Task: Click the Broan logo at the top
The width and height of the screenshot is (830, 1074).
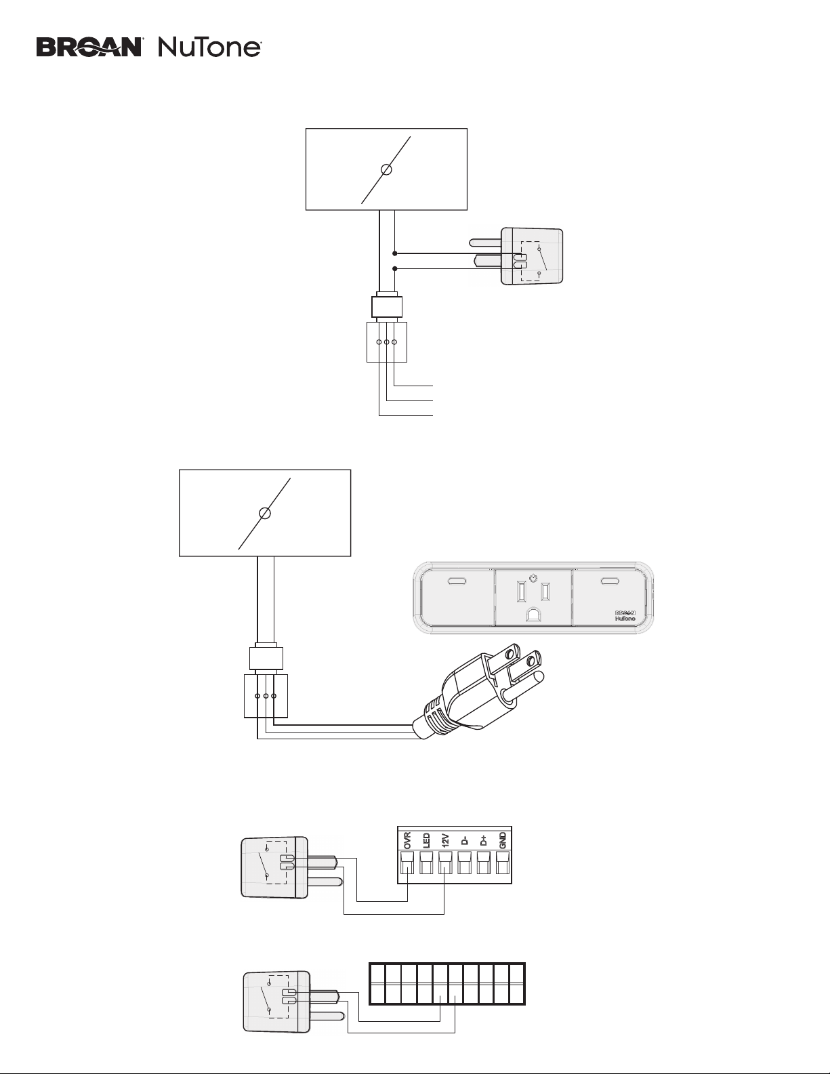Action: click(90, 48)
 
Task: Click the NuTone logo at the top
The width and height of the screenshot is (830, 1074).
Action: click(209, 48)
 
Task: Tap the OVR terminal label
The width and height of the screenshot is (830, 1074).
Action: click(408, 841)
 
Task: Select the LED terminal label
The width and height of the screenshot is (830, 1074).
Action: click(426, 841)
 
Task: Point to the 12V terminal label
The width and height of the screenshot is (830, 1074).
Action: click(445, 841)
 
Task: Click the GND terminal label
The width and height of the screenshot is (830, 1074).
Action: click(503, 841)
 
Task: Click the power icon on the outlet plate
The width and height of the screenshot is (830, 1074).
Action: click(532, 577)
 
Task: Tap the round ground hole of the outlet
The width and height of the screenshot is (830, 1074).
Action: click(533, 615)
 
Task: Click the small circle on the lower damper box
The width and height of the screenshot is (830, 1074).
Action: click(266, 514)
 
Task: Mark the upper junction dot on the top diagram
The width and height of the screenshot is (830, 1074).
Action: click(395, 253)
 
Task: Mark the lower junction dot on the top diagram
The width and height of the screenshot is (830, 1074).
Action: click(395, 268)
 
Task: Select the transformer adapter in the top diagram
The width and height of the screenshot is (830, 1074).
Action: click(517, 256)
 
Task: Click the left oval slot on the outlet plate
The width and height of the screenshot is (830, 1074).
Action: click(457, 581)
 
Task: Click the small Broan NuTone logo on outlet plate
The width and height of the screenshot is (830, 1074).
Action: click(625, 616)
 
